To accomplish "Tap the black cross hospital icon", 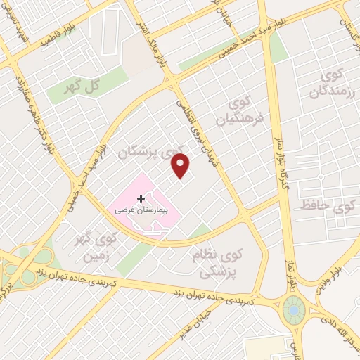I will tap(141, 199).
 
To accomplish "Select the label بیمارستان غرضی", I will tap(142, 210).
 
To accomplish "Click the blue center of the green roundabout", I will tap(292, 309).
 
